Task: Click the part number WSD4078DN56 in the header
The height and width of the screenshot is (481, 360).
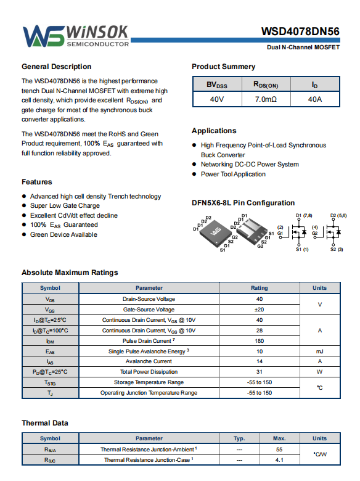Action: [x=300, y=31]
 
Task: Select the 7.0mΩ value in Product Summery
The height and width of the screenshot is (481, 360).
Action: [x=266, y=99]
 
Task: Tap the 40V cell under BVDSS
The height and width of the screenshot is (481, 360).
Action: [x=217, y=99]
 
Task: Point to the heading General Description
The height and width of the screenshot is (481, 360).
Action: [x=57, y=67]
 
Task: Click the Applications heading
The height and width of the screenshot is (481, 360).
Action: [x=214, y=131]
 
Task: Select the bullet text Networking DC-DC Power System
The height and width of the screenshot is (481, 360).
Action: [x=250, y=165]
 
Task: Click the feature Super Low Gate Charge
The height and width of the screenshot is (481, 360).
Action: [x=65, y=205]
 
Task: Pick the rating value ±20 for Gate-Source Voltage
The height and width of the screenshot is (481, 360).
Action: [x=260, y=310]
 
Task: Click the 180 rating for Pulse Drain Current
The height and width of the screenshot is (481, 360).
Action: [x=260, y=341]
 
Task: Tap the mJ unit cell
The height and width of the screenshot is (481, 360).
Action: [x=320, y=351]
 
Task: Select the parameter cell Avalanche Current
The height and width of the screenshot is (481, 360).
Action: [x=149, y=361]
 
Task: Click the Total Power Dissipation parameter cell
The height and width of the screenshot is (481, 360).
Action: [x=149, y=372]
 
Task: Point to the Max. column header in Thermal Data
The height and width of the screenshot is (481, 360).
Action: [x=279, y=438]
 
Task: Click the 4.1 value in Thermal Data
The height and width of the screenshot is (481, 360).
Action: [x=279, y=460]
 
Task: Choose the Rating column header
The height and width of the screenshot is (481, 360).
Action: [x=260, y=288]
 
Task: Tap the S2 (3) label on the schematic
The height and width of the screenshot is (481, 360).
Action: [x=337, y=249]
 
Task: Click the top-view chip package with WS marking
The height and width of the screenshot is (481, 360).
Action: [x=216, y=233]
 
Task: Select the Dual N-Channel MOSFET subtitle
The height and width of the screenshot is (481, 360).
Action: [x=303, y=47]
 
